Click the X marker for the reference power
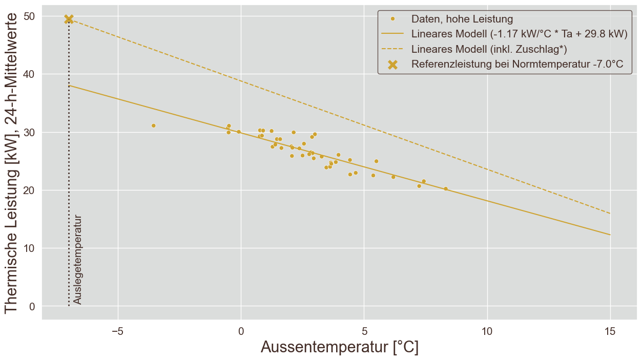pos(69,19)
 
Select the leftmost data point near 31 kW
pos(153,125)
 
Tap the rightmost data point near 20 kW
pos(446,188)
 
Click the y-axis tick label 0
pos(32,307)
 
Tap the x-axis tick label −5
pos(117,331)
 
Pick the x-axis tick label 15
pos(610,331)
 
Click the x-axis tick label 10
pos(487,331)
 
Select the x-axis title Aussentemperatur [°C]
pos(339,348)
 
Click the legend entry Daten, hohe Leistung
pos(462,19)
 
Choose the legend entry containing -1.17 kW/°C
pos(519,34)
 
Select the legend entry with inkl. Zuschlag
pos(489,49)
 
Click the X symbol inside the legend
pos(393,65)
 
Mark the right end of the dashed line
pos(610,214)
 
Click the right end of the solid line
pos(610,235)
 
